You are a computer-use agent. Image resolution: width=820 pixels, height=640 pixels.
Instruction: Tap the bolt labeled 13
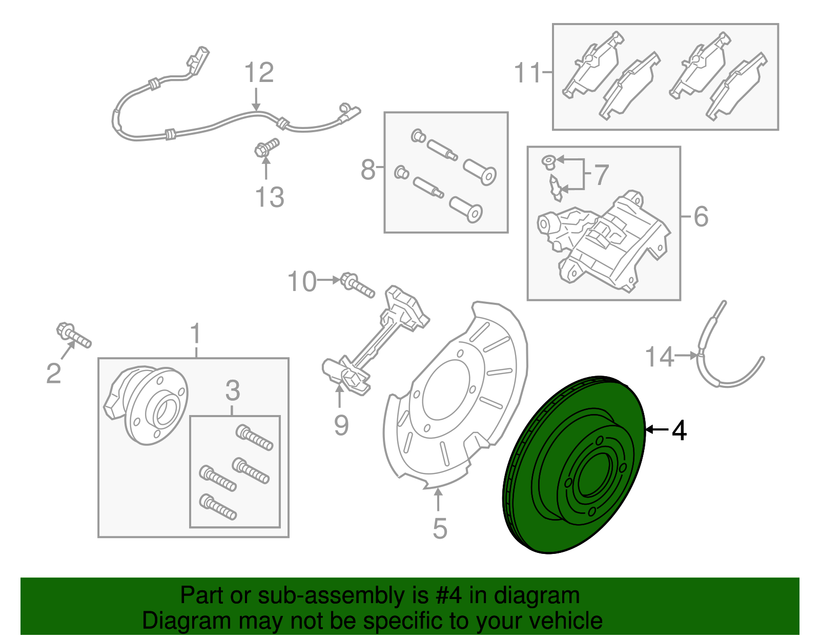[x=266, y=147]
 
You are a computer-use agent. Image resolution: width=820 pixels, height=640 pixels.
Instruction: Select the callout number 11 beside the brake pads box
[x=528, y=73]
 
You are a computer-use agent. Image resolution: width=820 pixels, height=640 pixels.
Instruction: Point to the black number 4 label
[x=679, y=430]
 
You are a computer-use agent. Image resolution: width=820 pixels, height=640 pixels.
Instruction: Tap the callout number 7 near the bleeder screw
[x=601, y=175]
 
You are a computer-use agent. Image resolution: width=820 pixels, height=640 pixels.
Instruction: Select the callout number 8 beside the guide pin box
[x=368, y=170]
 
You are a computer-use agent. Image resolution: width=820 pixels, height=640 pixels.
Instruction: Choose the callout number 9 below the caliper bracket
[x=341, y=425]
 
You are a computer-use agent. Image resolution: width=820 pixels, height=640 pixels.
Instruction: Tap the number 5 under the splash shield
[x=440, y=528]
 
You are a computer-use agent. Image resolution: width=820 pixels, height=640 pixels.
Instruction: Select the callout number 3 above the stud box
[x=232, y=390]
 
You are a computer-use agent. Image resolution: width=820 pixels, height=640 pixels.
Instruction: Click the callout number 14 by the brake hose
[x=659, y=357]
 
